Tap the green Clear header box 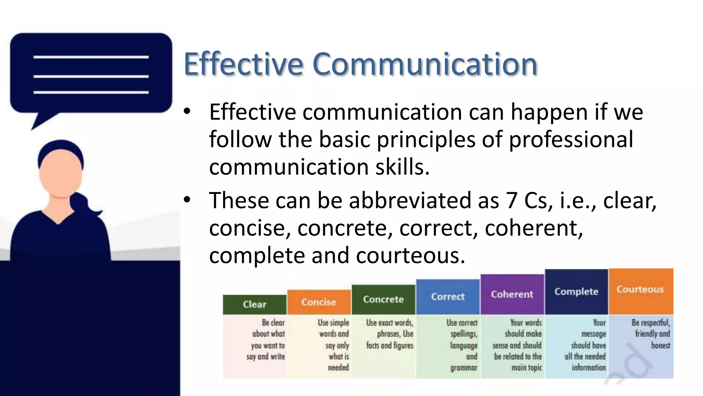point(254,305)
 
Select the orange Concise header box point(319,302)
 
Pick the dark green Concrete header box point(383,299)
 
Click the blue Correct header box point(448,297)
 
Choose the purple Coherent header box point(512,294)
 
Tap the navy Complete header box point(576,291)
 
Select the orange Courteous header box point(641,289)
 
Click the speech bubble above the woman point(91,74)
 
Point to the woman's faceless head point(60,172)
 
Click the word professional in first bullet point(571,140)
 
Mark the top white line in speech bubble point(91,57)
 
